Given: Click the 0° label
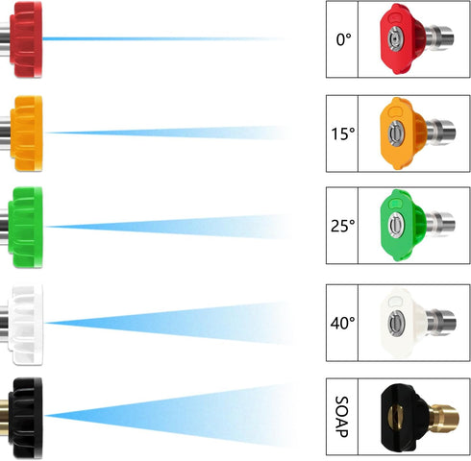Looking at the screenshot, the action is pyautogui.click(x=343, y=39).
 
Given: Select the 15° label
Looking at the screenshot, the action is pyautogui.click(x=343, y=133).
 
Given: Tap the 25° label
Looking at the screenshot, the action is pyautogui.click(x=343, y=226).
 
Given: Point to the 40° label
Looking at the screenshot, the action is pyautogui.click(x=343, y=323).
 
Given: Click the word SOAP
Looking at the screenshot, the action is pyautogui.click(x=341, y=417).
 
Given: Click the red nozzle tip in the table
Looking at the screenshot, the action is pyautogui.click(x=416, y=38).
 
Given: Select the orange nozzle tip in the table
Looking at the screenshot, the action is pyautogui.click(x=417, y=133).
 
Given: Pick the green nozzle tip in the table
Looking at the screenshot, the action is pyautogui.click(x=417, y=225).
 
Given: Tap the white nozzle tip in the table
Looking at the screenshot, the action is pyautogui.click(x=418, y=323).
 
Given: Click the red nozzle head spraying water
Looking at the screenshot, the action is pyautogui.click(x=26, y=39).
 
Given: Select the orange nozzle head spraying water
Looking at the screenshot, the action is pyautogui.click(x=26, y=133).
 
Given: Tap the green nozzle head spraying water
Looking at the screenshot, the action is pyautogui.click(x=25, y=227).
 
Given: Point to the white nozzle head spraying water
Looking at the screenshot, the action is pyautogui.click(x=26, y=324).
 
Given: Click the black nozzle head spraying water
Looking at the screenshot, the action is pyautogui.click(x=25, y=417).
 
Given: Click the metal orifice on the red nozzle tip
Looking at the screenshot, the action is pyautogui.click(x=395, y=39).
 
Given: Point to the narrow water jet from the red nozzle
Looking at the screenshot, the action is pyautogui.click(x=165, y=39).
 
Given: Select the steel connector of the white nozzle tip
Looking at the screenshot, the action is pyautogui.click(x=441, y=322).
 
